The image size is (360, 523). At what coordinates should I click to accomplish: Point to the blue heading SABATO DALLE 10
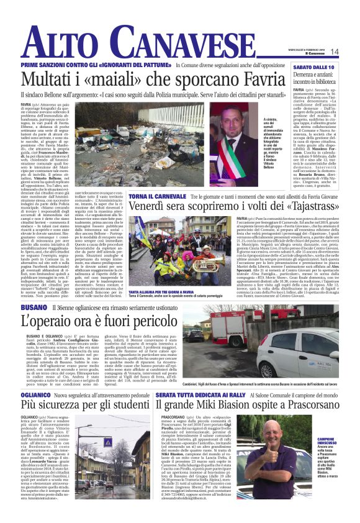[x=314, y=66]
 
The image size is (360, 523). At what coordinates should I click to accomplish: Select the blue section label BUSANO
[x=32, y=308]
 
